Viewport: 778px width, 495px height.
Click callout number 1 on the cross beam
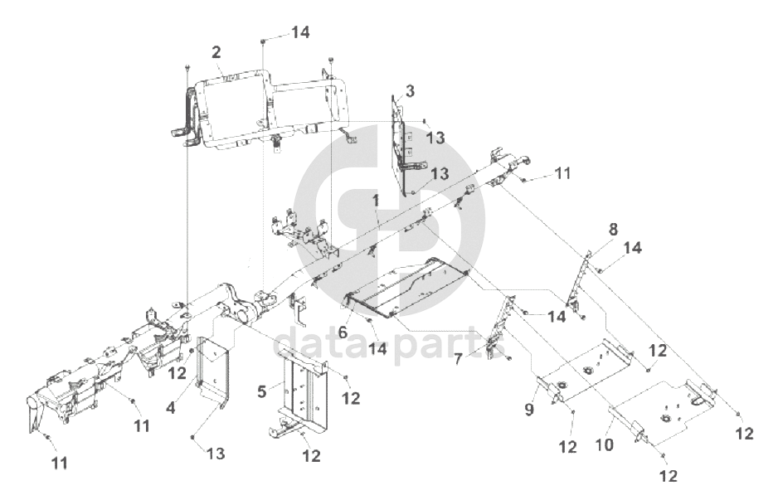pos(376,201)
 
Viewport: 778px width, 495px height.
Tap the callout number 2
pos(216,51)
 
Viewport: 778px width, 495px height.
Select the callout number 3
pos(411,90)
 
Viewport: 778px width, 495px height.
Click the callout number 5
pos(261,389)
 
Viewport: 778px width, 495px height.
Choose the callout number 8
pos(613,228)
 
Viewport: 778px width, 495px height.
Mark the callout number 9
pos(528,408)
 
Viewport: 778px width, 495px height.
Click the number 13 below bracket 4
pos(215,453)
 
